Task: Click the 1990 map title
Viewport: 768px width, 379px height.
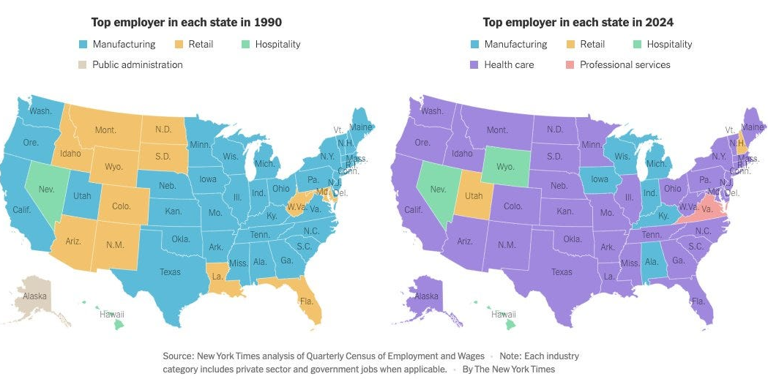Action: click(x=186, y=23)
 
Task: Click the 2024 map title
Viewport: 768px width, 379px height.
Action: click(x=578, y=23)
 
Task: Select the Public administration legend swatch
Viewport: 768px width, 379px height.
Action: click(x=83, y=64)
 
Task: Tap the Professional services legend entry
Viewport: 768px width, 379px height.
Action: click(x=625, y=64)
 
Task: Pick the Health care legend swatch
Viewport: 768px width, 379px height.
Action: click(x=475, y=64)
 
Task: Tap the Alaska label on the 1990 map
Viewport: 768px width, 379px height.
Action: click(x=34, y=296)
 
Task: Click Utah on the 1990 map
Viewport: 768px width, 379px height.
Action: click(x=82, y=195)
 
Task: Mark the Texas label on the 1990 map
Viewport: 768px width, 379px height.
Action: click(x=170, y=272)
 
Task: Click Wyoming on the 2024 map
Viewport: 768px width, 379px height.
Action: click(x=504, y=167)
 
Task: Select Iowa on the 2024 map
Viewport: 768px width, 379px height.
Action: click(x=600, y=179)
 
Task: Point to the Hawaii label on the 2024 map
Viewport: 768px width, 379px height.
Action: click(x=504, y=315)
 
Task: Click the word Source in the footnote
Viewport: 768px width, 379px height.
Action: click(x=178, y=356)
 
